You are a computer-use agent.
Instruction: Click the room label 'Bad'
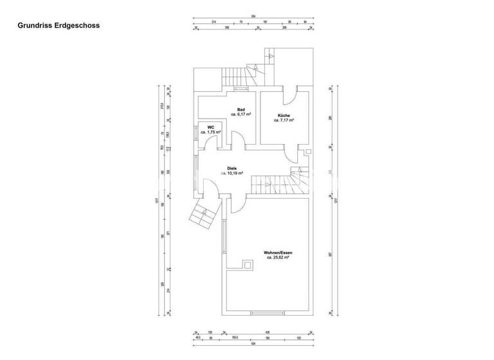(241, 109)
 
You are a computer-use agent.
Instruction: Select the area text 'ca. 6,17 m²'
(241, 114)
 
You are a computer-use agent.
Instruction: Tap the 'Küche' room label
(284, 115)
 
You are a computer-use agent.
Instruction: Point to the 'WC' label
(211, 127)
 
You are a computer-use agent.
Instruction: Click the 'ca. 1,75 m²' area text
(211, 132)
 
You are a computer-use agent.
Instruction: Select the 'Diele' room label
(232, 168)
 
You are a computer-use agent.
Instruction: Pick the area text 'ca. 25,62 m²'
(279, 257)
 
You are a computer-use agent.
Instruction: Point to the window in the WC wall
(196, 133)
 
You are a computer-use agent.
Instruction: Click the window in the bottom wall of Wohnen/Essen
(266, 313)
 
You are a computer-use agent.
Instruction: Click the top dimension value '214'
(213, 21)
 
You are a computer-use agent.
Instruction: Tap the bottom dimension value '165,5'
(235, 337)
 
